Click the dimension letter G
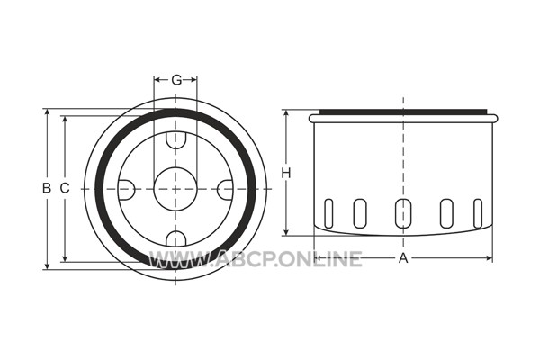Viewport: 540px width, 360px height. coord(176,80)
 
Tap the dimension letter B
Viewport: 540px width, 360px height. coord(47,188)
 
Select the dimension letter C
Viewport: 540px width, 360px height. coord(65,188)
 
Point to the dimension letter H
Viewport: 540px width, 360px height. coord(286,173)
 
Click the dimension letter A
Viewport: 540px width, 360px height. coord(403,257)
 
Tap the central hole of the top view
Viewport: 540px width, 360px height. coord(175,189)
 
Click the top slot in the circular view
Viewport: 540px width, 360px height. coord(175,140)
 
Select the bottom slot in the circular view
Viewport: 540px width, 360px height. coord(175,238)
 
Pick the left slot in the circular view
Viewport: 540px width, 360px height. coord(126,190)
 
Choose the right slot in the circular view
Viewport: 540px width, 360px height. coord(226,190)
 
